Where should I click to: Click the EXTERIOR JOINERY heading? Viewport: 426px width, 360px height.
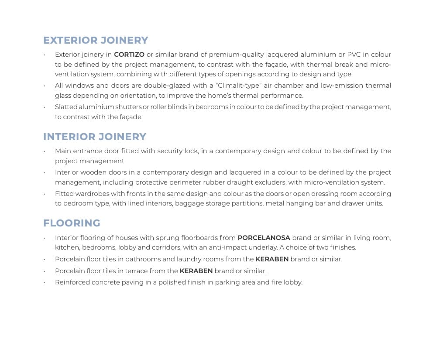[96, 40]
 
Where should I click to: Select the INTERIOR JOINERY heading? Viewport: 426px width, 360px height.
[95, 137]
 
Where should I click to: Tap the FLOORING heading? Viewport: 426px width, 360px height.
[72, 223]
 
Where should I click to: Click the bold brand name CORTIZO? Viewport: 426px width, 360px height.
[129, 55]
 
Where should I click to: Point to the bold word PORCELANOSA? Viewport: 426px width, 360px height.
[264, 238]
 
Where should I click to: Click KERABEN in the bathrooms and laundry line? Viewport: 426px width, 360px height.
[272, 259]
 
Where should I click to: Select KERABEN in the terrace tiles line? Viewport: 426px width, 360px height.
[196, 271]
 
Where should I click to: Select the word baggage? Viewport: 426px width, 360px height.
[189, 203]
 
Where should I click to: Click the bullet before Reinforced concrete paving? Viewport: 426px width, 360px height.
[45, 283]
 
